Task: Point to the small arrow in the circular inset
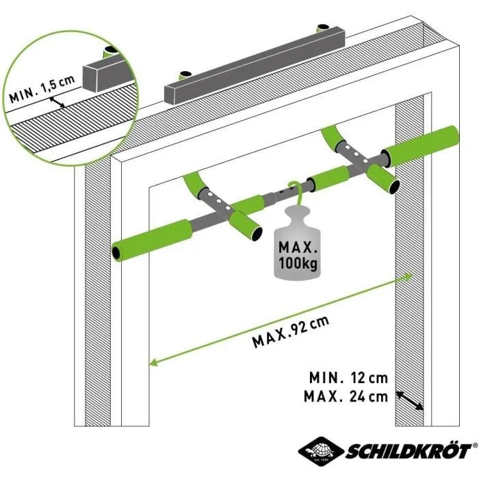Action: pyautogui.click(x=60, y=101)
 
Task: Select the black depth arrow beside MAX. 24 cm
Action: pyautogui.click(x=409, y=400)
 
